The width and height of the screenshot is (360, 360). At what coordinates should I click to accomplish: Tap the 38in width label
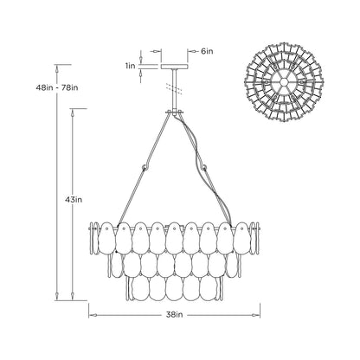coord(175,315)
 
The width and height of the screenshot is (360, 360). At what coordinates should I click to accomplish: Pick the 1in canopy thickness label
coord(130,65)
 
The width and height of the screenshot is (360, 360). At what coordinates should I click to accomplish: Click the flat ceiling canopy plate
coord(175,66)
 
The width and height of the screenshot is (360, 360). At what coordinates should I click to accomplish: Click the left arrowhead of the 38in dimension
coord(93,314)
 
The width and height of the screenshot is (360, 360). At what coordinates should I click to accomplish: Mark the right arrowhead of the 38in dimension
coord(260,314)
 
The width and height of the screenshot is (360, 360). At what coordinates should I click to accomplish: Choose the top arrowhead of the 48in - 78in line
coord(58,67)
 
